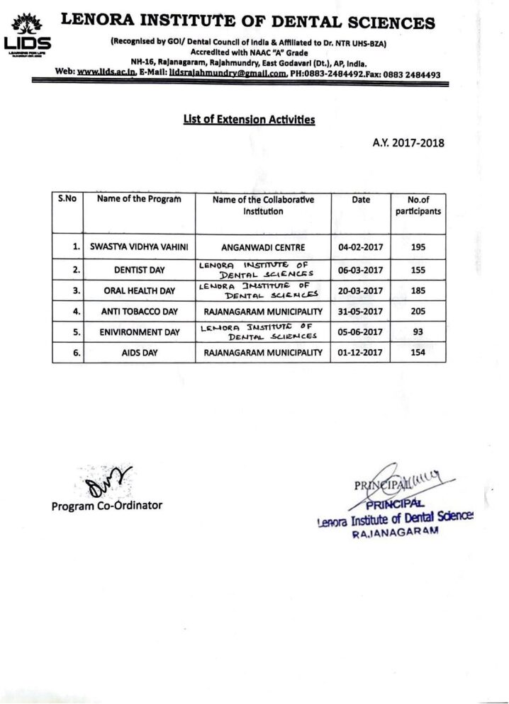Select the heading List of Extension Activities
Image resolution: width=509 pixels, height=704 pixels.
[249, 120]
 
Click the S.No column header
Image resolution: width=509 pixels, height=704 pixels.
[67, 200]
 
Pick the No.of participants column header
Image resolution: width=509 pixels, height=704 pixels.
[418, 205]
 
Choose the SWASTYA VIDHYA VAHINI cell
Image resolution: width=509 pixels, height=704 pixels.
[139, 248]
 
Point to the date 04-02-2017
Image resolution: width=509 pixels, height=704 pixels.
[360, 248]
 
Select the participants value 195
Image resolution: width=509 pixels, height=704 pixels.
[418, 248]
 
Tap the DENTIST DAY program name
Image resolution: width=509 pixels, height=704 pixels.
[139, 270]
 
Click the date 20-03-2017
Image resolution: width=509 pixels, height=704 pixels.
[360, 290]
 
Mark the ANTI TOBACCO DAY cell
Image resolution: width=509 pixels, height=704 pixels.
[139, 311]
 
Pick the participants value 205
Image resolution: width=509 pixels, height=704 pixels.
[418, 311]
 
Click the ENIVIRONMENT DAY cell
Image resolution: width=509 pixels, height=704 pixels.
[139, 331]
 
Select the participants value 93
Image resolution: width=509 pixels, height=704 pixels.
[418, 331]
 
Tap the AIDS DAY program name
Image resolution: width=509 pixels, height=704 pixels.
[139, 352]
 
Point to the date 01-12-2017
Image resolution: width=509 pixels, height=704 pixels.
[360, 352]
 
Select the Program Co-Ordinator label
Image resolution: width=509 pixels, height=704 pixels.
[106, 506]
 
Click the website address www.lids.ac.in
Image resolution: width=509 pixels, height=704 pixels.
[106, 73]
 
